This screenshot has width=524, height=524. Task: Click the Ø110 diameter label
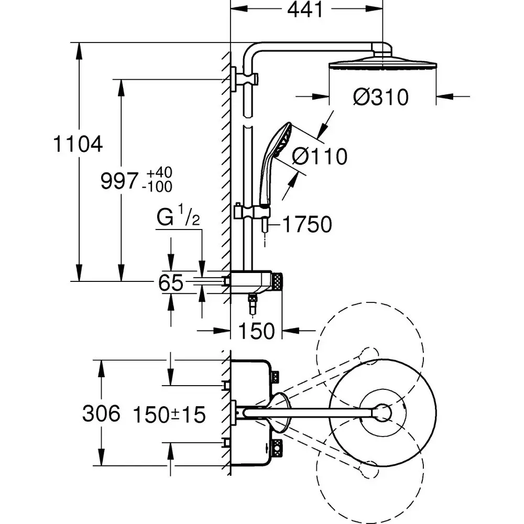click(x=320, y=156)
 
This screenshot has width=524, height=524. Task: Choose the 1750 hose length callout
click(x=308, y=224)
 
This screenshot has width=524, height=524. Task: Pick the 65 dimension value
click(x=171, y=283)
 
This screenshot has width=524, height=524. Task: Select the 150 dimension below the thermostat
click(x=257, y=331)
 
